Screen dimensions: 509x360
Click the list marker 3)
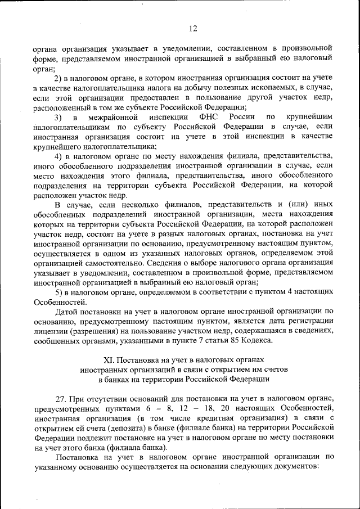58,117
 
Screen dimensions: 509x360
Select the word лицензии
50,331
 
